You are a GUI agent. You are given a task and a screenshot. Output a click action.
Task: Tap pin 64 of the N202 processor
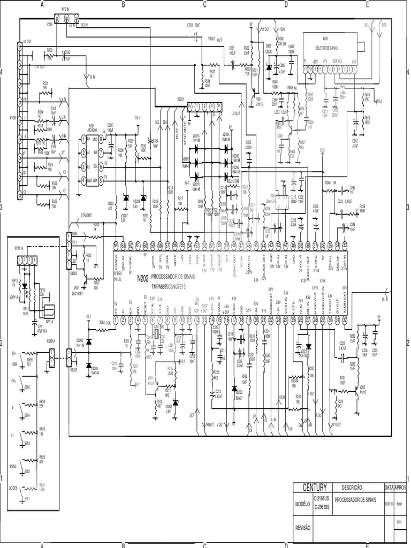coord(116,245)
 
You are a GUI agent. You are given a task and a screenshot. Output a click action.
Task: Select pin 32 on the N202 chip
coord(345,320)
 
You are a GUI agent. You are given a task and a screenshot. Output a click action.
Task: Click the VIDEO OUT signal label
coord(215,40)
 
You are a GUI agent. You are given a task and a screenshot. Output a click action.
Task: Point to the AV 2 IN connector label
coord(66,10)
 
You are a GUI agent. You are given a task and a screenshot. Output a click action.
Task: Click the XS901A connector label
coord(51,340)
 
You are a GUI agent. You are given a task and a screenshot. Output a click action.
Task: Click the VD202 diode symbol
coord(89,342)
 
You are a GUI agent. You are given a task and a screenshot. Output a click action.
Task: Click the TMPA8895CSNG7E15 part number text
coord(168,286)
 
